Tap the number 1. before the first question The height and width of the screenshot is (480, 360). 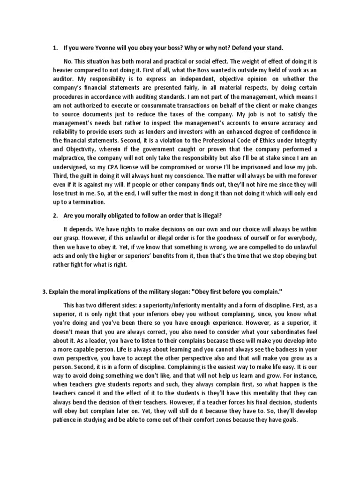[x=55, y=48]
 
